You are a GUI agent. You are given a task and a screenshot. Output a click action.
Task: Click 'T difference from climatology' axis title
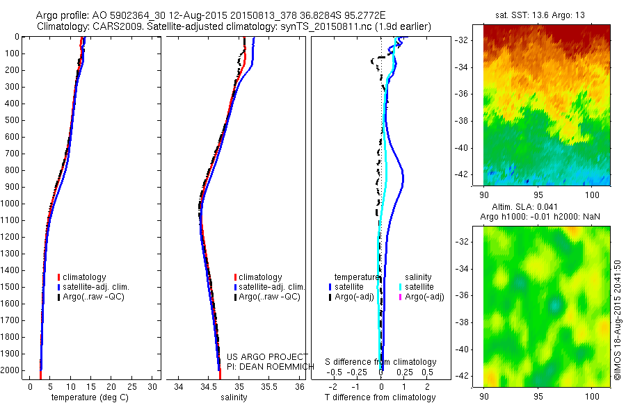[380, 397]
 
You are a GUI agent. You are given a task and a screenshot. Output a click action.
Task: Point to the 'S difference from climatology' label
[380, 362]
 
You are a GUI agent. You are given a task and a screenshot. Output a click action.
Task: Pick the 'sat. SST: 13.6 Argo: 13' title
[547, 15]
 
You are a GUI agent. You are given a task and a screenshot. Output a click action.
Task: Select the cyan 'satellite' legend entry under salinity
[419, 287]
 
